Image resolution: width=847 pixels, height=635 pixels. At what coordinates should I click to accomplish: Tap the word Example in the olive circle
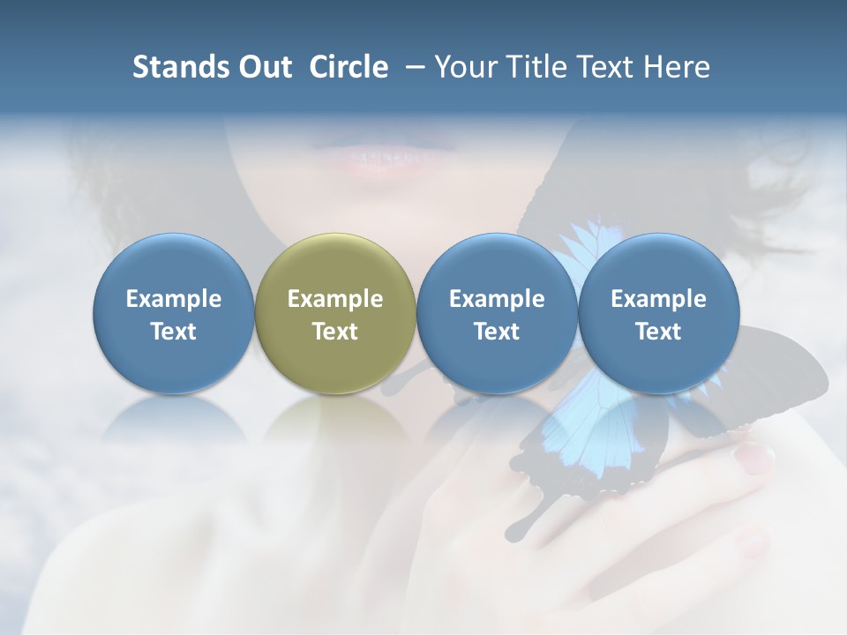coord(335,300)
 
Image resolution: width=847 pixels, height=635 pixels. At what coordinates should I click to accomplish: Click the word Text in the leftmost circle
coord(174,332)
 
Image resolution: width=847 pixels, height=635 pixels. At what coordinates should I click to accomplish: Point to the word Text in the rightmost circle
coord(658,332)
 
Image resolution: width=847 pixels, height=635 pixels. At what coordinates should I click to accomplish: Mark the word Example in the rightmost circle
coord(658,300)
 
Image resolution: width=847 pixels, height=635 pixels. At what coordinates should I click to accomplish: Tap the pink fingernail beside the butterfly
coord(754,455)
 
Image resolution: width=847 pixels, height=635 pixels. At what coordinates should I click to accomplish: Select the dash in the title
coord(411,68)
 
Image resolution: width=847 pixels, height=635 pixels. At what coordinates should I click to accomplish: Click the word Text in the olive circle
coord(335,332)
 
